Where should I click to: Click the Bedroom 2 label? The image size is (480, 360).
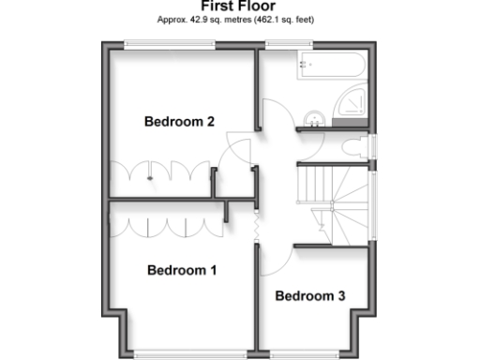(x=179, y=121)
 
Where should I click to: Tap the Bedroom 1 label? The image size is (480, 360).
(x=182, y=270)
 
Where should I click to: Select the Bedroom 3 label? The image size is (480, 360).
(x=309, y=296)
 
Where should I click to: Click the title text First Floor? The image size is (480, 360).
(x=240, y=6)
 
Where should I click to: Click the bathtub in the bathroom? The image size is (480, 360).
(x=328, y=66)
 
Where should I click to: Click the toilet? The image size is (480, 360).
(x=354, y=150)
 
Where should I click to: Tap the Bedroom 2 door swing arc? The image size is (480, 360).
(x=234, y=150)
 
